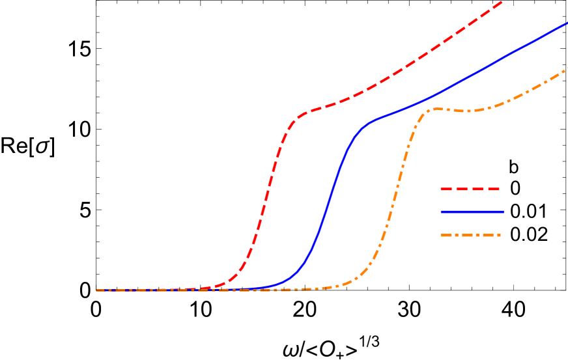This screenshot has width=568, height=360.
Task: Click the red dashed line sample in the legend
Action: click(470, 189)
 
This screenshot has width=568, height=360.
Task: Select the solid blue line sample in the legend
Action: click(472, 212)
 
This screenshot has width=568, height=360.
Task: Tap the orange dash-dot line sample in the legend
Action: click(470, 235)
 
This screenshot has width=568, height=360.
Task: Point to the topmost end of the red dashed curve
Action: click(502, 2)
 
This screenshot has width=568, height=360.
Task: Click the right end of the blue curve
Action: click(566, 23)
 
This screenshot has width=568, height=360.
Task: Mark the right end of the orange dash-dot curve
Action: click(566, 68)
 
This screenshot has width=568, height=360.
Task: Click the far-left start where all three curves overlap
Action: click(98, 290)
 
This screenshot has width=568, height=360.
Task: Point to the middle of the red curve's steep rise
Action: click(265, 202)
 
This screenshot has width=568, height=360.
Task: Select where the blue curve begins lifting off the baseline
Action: click(274, 286)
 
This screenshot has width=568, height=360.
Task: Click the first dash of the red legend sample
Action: click(447, 189)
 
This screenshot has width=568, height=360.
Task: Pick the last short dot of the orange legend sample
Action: click(498, 235)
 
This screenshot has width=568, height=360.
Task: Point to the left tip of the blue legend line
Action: click(442, 212)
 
